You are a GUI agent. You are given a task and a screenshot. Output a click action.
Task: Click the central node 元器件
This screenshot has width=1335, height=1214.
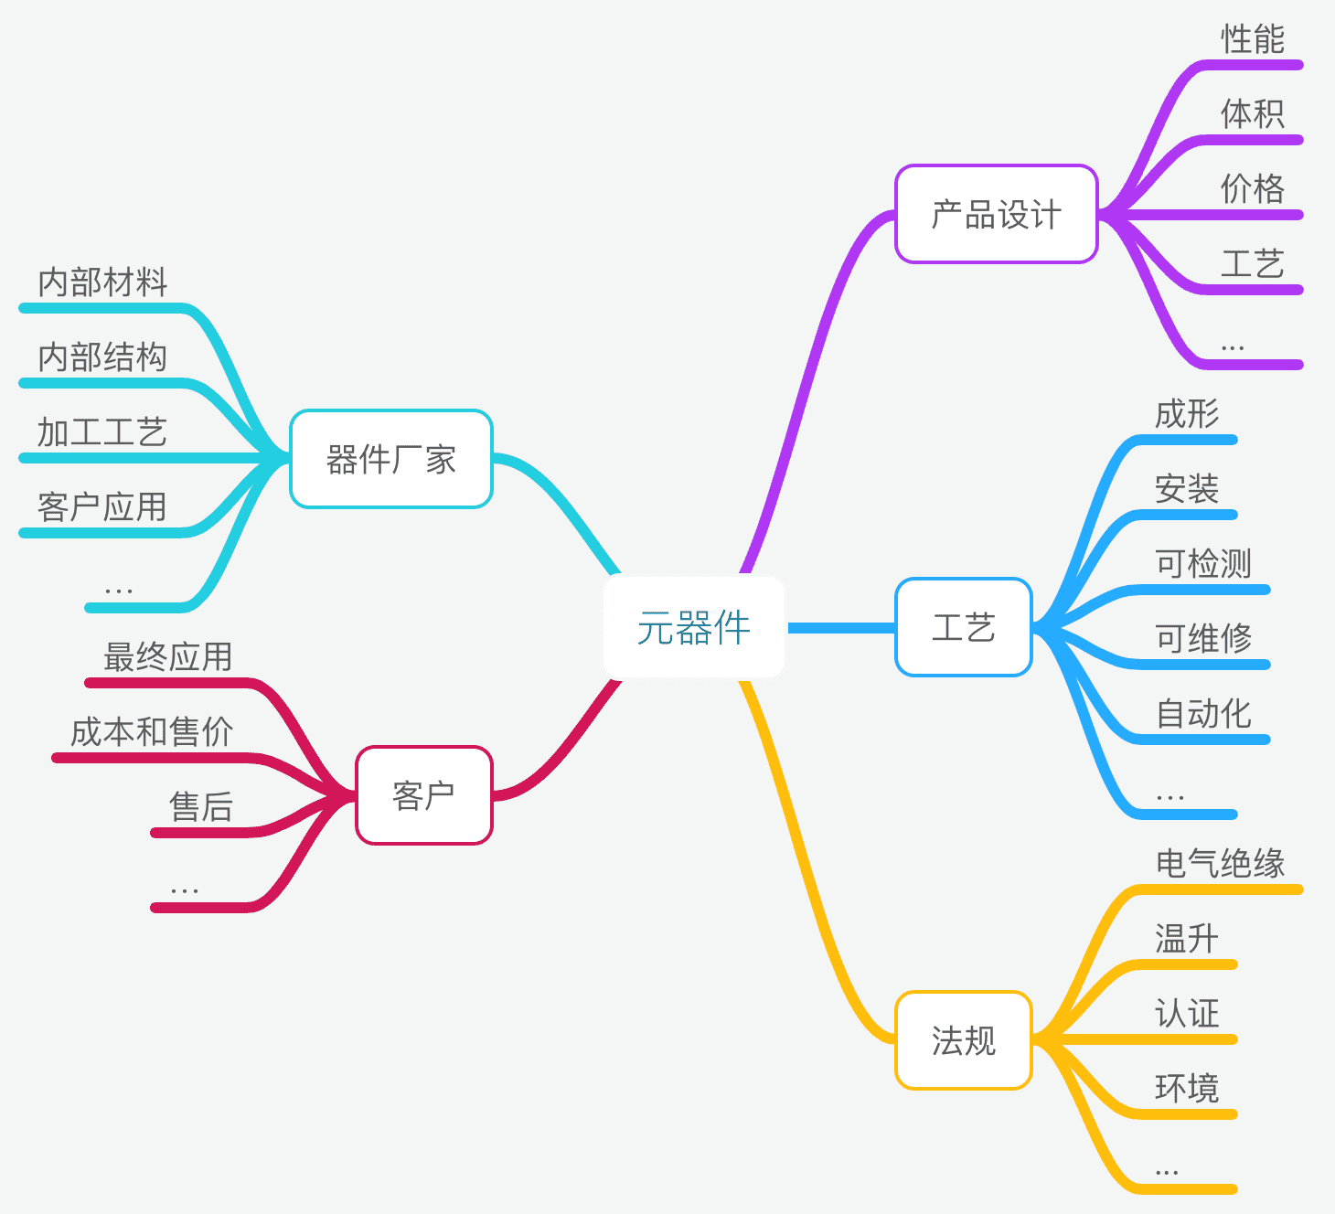click(x=694, y=628)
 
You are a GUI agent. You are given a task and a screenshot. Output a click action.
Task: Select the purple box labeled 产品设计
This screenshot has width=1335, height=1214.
click(x=996, y=215)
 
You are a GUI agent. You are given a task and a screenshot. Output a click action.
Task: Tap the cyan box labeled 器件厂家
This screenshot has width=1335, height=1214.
click(x=390, y=459)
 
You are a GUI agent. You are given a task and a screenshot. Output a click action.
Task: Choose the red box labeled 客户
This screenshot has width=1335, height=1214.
click(x=423, y=795)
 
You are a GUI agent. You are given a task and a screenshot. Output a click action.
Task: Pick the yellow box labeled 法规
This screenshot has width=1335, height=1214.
click(x=963, y=1040)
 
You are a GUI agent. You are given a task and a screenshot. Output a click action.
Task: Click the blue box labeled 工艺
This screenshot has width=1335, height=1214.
click(x=963, y=628)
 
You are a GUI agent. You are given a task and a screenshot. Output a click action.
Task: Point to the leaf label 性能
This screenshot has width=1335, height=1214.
click(x=1253, y=39)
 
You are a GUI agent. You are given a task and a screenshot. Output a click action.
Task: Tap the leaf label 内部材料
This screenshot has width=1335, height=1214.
click(x=102, y=282)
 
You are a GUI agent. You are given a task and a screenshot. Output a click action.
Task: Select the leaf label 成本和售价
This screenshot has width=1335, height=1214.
click(x=152, y=732)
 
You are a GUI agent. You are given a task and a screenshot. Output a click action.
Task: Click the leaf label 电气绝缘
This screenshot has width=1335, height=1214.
click(x=1220, y=864)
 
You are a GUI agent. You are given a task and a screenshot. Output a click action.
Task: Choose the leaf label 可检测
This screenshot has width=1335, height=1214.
click(x=1202, y=564)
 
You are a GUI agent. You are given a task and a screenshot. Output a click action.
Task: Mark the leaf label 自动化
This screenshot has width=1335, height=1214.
click(x=1202, y=714)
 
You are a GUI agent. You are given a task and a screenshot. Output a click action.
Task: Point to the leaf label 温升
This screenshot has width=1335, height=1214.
click(x=1186, y=939)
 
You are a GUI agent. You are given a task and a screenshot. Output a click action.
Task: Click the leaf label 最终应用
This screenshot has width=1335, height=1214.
click(x=168, y=657)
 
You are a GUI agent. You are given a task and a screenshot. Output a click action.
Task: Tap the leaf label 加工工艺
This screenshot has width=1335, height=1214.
click(x=102, y=432)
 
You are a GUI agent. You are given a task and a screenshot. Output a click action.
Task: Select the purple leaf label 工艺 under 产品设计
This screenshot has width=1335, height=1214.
click(x=1253, y=264)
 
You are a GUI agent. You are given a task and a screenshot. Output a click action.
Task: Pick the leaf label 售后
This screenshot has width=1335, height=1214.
click(x=201, y=807)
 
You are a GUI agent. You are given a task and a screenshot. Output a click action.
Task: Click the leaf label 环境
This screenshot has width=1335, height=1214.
click(x=1186, y=1089)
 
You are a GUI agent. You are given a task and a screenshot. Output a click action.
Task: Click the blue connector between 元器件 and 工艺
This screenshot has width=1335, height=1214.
click(x=839, y=628)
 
